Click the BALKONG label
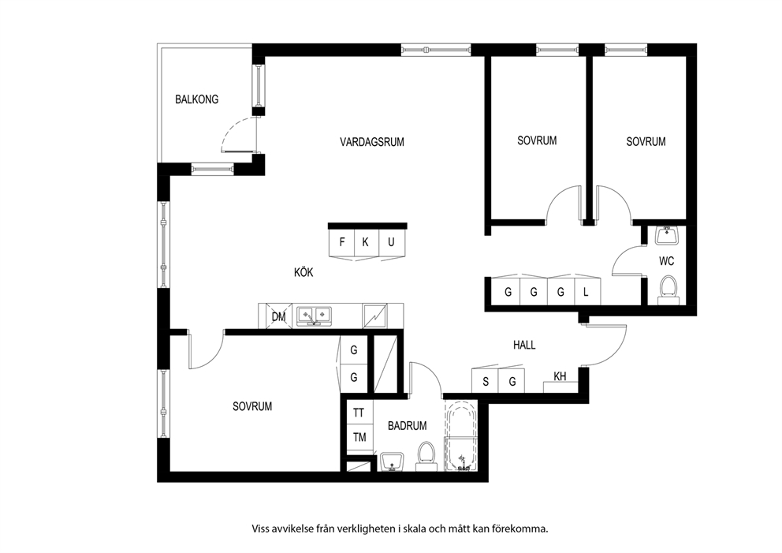tap(196, 99)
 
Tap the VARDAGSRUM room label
tap(372, 142)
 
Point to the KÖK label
tap(303, 272)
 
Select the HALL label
tap(524, 345)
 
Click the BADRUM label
tap(408, 426)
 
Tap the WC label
tap(666, 261)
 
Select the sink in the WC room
tap(667, 235)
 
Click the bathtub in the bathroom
tap(461, 435)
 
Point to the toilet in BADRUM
tap(426, 456)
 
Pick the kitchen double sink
tap(314, 316)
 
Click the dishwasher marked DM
tap(278, 316)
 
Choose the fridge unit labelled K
tap(366, 242)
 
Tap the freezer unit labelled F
tap(341, 242)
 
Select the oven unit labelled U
tap(392, 242)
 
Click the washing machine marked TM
tap(359, 438)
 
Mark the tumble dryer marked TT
tap(359, 413)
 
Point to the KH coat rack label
tap(560, 376)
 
